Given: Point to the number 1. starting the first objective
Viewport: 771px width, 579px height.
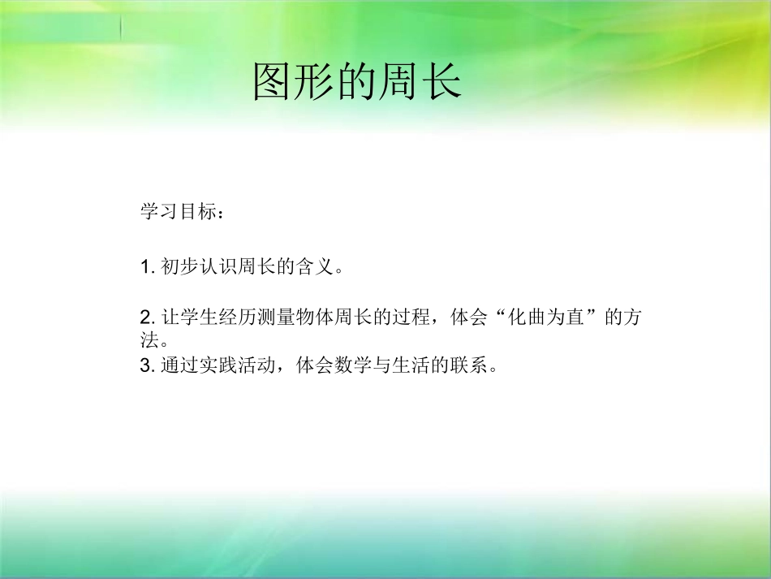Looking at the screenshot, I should coord(147,266).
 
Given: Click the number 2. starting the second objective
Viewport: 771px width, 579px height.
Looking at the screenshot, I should coord(147,317).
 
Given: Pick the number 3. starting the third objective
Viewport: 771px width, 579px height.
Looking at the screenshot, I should coord(147,365).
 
